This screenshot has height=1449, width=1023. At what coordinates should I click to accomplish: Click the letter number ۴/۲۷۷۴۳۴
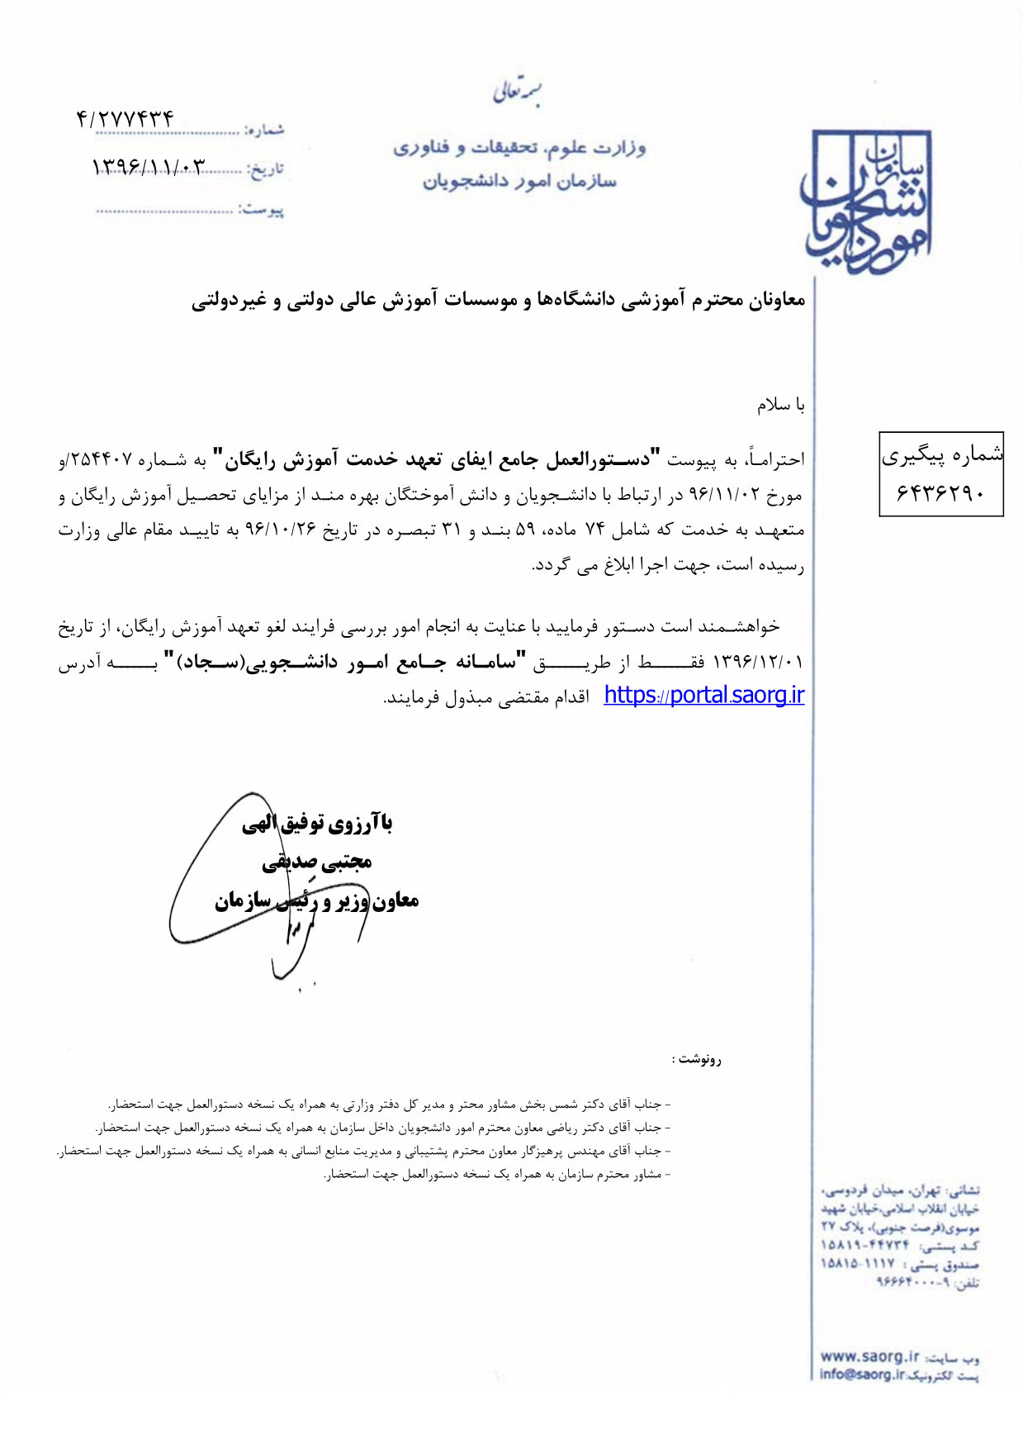tap(125, 119)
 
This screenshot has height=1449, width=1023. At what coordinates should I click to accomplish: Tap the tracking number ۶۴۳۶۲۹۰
tap(940, 493)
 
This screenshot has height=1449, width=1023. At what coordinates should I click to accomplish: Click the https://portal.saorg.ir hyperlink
tap(703, 696)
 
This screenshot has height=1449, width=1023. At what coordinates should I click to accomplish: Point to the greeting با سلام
tap(780, 405)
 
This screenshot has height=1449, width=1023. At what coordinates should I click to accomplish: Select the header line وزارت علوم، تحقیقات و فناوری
tap(519, 148)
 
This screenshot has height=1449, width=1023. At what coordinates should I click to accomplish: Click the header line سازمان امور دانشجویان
tap(519, 181)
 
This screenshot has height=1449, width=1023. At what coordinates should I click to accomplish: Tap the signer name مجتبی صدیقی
tap(317, 862)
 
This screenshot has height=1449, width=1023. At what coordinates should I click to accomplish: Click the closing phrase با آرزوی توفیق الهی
tap(317, 824)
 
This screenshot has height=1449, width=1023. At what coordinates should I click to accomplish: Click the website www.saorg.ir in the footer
tap(869, 1356)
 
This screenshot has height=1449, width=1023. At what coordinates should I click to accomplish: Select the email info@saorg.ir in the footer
tap(862, 1375)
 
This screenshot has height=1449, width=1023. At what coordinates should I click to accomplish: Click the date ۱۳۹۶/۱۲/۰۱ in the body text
tap(758, 663)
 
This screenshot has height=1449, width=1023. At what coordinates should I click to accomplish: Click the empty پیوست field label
tap(262, 210)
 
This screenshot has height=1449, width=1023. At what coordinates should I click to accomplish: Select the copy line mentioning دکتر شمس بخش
tap(388, 1105)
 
